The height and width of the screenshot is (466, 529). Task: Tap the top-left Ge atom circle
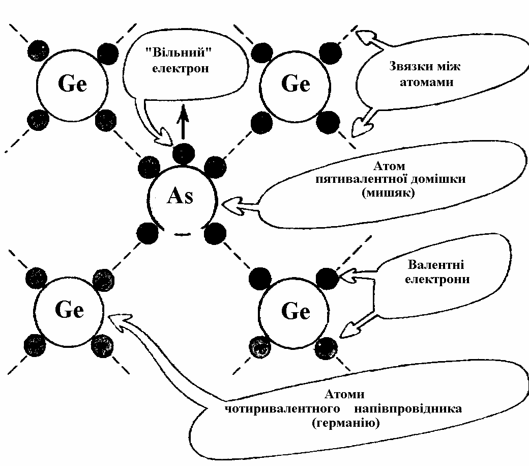72,85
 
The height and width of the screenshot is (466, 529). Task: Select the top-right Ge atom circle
295,85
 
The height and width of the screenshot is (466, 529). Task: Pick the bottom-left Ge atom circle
69,310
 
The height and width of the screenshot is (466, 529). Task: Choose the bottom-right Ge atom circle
295,311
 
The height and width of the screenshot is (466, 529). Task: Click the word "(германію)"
345,423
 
